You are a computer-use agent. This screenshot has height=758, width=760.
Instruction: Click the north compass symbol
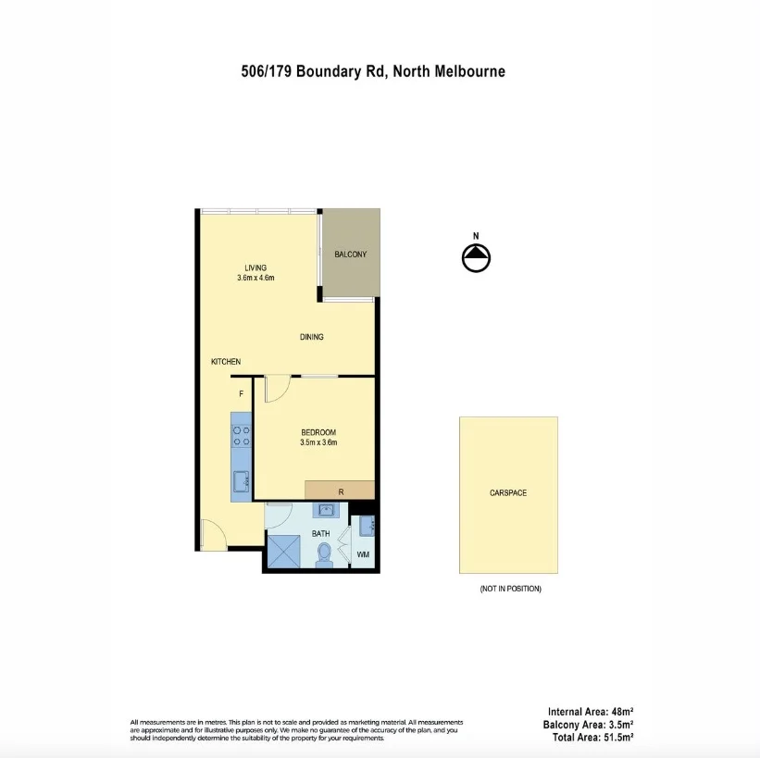coord(476,258)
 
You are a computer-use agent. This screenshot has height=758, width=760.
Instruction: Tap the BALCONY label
coord(350,255)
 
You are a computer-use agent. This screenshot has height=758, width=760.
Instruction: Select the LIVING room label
coord(255,267)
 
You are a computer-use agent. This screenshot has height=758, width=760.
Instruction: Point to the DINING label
coord(312,337)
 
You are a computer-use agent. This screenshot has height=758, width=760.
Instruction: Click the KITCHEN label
coord(226,362)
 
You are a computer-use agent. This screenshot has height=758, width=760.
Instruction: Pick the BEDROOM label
coord(318,432)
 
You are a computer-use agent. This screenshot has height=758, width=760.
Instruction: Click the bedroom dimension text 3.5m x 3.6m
coord(318,443)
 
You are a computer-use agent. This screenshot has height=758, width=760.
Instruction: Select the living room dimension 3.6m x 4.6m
coord(255,278)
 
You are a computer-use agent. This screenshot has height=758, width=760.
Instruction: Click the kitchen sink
coord(241,480)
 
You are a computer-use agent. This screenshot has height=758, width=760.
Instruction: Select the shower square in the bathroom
coord(283,553)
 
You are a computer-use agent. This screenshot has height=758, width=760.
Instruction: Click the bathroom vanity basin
coord(325,510)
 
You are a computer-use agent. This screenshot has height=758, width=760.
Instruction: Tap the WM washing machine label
coord(363,554)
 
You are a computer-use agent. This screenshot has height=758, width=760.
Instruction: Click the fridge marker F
coord(241,394)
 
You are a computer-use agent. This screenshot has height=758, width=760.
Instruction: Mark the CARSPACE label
coord(508,493)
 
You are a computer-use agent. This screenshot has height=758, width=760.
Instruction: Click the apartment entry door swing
coord(212,534)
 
